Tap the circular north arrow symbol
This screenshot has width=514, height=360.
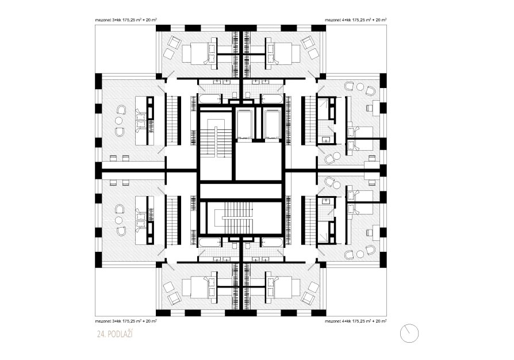(x=409, y=333)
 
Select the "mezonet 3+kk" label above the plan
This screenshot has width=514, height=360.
(x=126, y=20)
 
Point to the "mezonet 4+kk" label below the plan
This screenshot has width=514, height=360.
(x=355, y=321)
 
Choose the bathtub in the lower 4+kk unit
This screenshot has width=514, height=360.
(x=272, y=243)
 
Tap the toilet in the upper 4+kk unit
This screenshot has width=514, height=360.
(x=248, y=95)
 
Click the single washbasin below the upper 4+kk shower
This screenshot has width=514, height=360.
(x=325, y=140)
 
